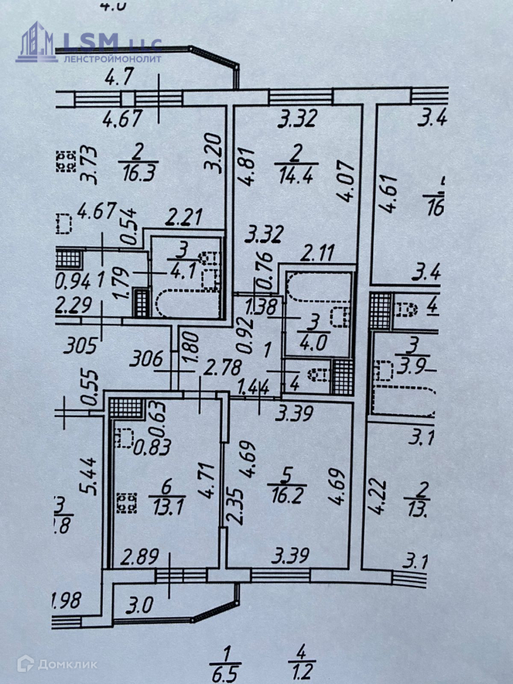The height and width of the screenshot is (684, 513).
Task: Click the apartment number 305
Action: click(78, 347)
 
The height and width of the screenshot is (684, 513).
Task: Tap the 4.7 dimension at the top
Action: click(119, 76)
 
